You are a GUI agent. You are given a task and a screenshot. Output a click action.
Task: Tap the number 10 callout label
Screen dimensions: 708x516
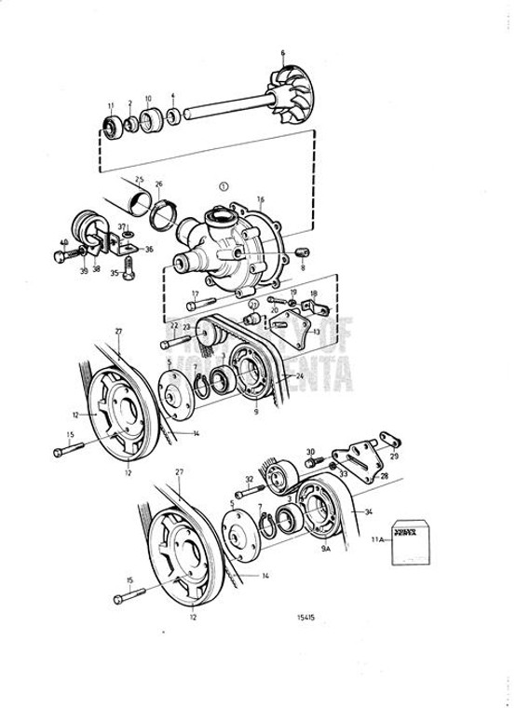click(147, 98)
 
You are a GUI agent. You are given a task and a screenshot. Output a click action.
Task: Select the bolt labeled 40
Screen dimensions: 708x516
click(71, 252)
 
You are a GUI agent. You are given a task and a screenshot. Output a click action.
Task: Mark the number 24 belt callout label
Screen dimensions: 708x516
click(299, 375)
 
